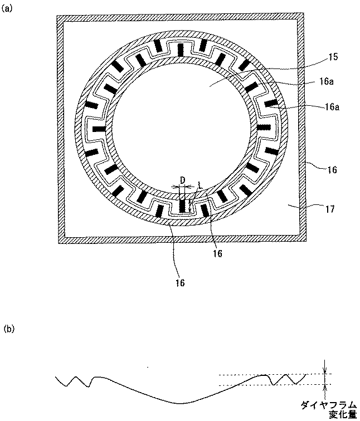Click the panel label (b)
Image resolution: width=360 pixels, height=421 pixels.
tap(8, 329)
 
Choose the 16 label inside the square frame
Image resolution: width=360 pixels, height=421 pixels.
tap(217, 253)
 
